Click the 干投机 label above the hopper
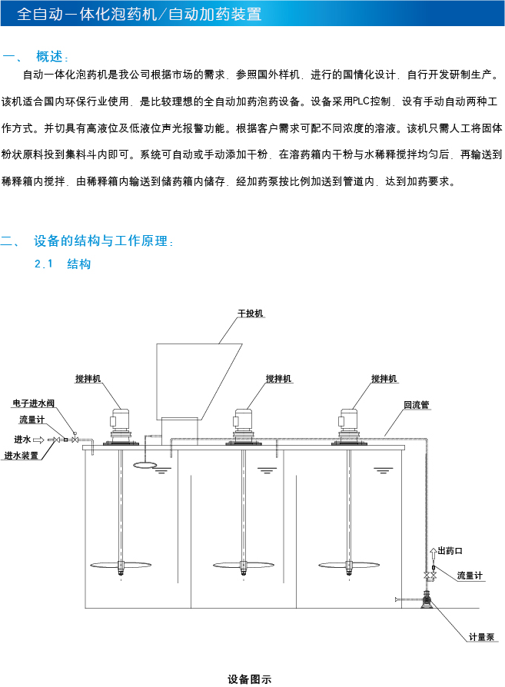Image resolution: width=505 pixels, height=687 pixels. [251, 314]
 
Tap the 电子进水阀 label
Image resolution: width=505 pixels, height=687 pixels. [34, 403]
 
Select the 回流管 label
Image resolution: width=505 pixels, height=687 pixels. [416, 404]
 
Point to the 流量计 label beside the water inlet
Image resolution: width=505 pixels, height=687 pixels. [32, 420]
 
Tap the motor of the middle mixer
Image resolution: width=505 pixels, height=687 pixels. [244, 420]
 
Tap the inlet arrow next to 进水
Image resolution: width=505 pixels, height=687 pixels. [38, 440]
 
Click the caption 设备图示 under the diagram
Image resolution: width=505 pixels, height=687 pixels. [250, 679]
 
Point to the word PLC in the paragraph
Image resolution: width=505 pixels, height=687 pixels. [359, 101]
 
